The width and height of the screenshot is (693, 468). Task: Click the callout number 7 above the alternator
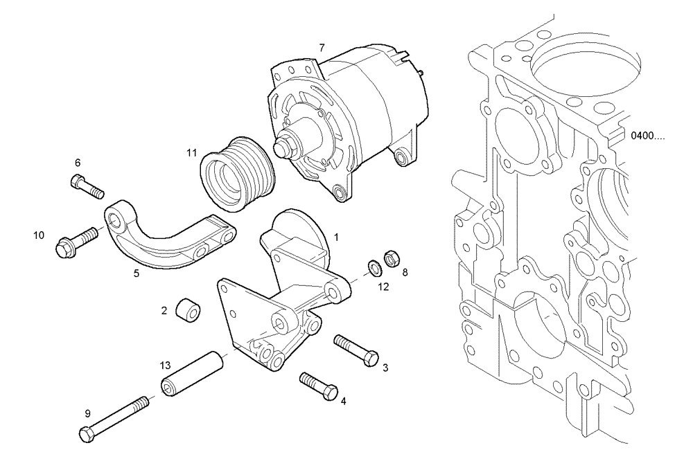[321, 47]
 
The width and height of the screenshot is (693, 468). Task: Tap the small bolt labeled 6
[86, 185]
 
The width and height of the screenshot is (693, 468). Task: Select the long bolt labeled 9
[114, 419]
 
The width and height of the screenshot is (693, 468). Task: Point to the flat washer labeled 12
[372, 265]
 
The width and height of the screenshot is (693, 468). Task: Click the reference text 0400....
[647, 136]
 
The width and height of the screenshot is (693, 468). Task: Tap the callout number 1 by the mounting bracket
[336, 236]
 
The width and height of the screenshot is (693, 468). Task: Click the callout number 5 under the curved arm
[137, 273]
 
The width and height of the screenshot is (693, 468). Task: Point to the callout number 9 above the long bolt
[87, 413]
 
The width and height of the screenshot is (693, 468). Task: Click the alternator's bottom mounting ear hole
[339, 192]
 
